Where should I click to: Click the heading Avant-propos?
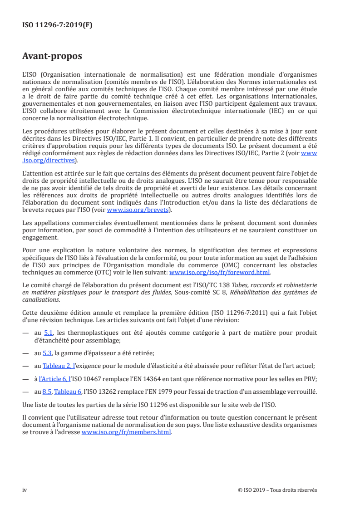pyautogui.click(x=52, y=56)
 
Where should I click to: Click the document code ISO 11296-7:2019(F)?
pyautogui.click(x=57, y=25)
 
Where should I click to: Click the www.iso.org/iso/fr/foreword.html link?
pyautogui.click(x=219, y=273)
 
